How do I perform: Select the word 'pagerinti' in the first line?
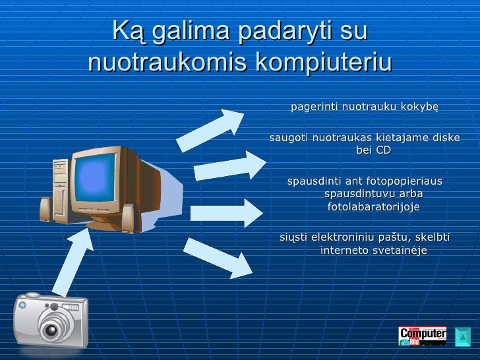[314, 107]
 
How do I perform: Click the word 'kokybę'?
[419, 107]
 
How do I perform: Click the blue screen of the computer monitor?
[97, 177]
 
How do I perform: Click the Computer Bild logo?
[422, 336]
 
